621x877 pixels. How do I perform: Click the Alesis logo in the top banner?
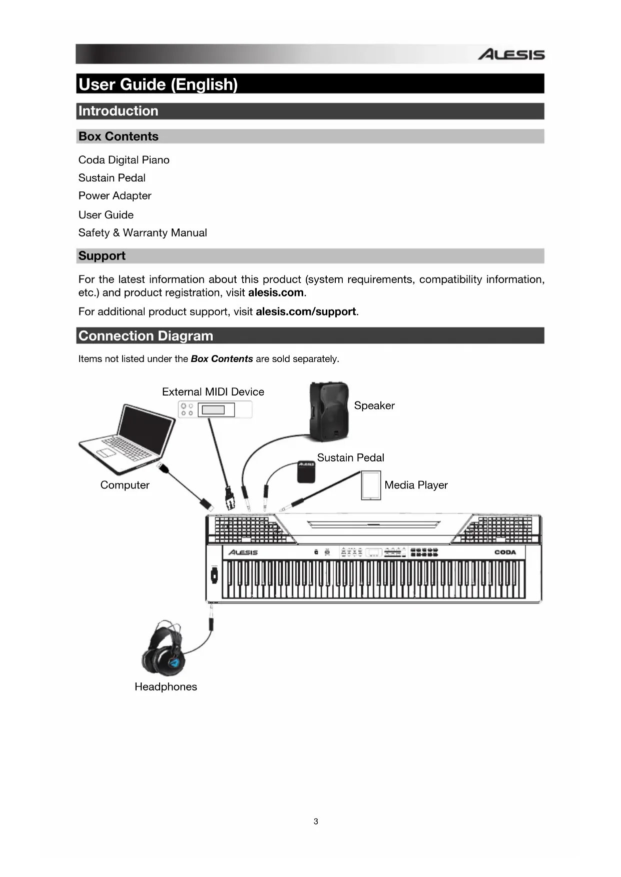(510, 54)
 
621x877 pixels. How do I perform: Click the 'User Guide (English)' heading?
(158, 84)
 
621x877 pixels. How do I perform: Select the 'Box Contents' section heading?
(119, 136)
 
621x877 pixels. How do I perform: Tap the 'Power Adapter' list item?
(115, 195)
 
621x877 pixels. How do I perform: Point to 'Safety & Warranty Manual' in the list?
(143, 232)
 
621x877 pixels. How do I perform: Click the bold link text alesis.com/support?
(305, 311)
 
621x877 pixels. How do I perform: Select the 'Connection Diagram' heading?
(146, 335)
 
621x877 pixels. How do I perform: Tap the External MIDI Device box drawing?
(215, 409)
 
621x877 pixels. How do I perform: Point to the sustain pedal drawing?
(306, 471)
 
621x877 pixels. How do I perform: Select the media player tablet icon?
(371, 485)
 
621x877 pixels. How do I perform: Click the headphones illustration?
(164, 649)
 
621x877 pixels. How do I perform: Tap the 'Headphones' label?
(166, 686)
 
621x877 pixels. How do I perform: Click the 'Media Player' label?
(416, 485)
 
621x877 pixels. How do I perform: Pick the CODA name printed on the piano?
(505, 552)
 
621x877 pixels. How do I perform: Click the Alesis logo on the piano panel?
(243, 552)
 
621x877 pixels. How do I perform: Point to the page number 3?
(316, 821)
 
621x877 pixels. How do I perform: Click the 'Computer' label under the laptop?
(125, 485)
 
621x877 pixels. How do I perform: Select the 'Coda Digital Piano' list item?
(124, 160)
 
